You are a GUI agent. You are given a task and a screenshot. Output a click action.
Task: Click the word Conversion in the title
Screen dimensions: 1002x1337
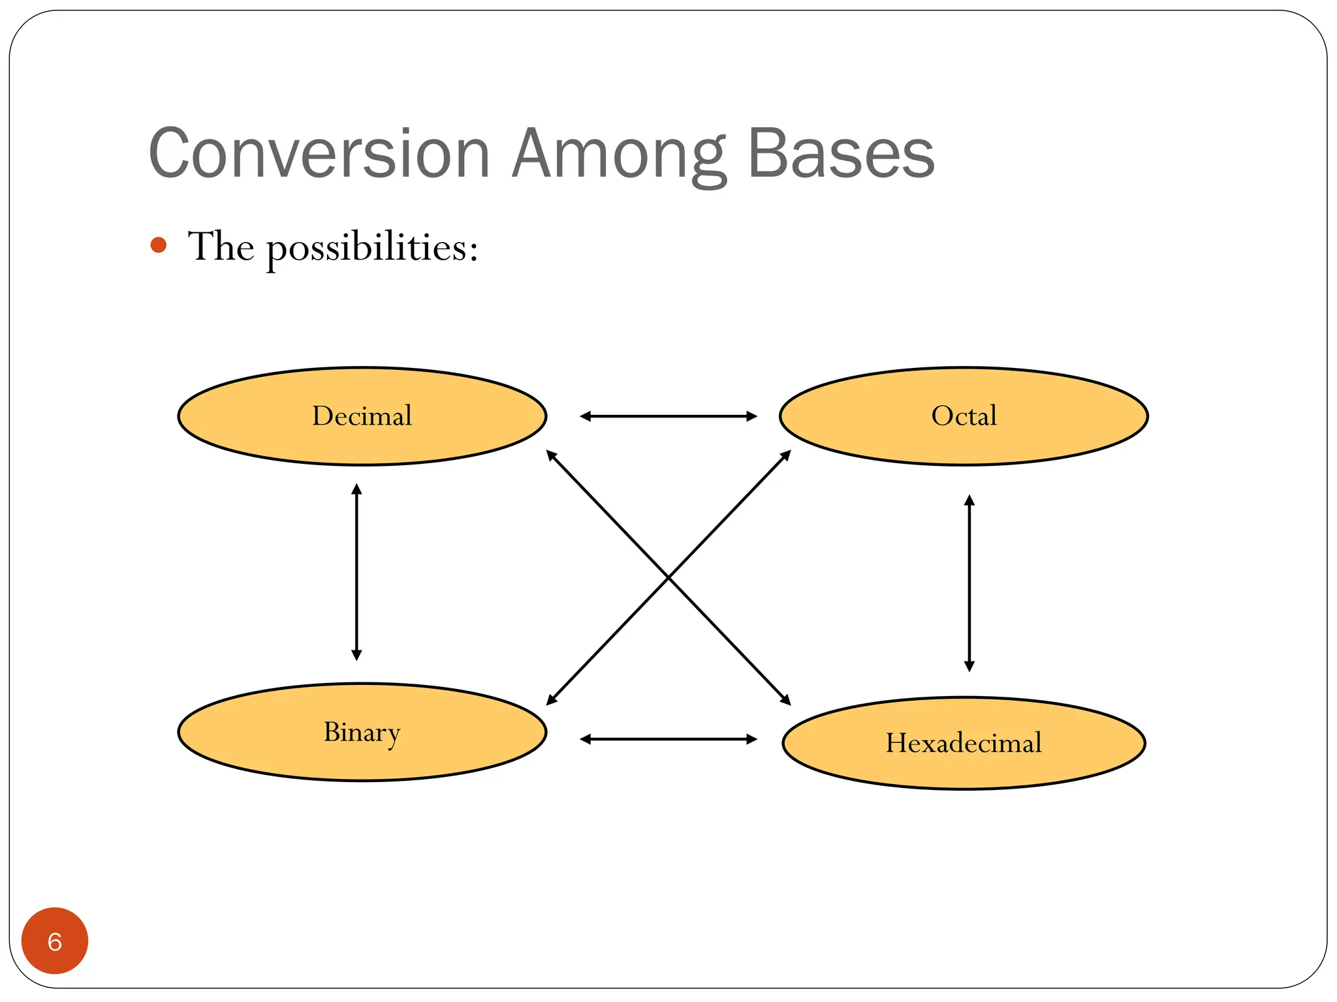click(x=319, y=154)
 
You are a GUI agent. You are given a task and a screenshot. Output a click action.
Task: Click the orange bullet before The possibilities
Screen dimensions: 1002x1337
click(x=158, y=245)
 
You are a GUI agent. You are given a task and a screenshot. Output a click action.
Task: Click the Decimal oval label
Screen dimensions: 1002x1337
click(x=362, y=416)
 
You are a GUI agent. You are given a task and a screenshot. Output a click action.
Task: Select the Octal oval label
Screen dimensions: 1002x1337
click(x=964, y=416)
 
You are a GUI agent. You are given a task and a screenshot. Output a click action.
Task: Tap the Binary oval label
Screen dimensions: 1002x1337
click(x=362, y=732)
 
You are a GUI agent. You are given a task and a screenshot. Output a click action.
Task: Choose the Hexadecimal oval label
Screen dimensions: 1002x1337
click(x=964, y=743)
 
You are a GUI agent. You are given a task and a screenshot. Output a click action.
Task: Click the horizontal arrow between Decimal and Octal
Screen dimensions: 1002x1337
click(x=668, y=416)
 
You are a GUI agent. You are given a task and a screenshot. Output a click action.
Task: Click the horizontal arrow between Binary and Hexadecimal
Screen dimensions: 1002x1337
click(x=668, y=739)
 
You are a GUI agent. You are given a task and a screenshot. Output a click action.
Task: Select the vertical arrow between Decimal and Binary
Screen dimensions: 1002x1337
click(x=356, y=572)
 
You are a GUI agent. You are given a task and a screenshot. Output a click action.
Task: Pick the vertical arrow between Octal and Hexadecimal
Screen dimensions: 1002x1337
click(x=969, y=583)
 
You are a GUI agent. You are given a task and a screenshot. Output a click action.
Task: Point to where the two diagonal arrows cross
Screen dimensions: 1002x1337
click(x=668, y=577)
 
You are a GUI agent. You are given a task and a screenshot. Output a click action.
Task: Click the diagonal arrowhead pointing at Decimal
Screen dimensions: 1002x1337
click(x=551, y=455)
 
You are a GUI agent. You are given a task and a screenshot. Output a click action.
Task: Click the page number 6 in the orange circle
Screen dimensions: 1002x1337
click(x=55, y=941)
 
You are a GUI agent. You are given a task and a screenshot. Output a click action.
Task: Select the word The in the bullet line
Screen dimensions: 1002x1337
click(x=221, y=247)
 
